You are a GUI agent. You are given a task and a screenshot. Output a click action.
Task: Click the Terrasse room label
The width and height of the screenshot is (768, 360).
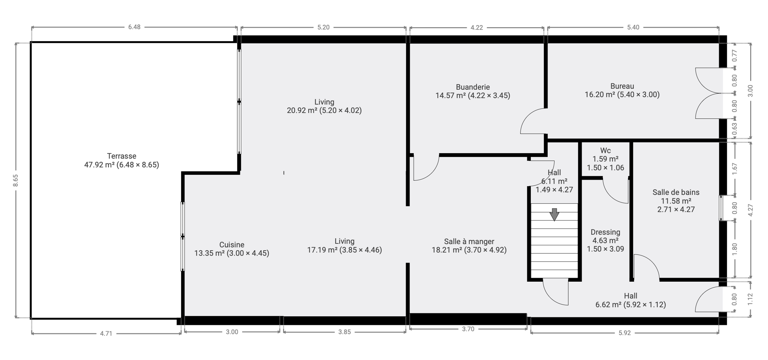(x=122, y=156)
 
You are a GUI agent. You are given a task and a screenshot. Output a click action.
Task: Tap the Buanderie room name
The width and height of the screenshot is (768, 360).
(x=473, y=87)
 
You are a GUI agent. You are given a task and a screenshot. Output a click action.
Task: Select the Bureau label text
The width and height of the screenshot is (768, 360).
(x=622, y=86)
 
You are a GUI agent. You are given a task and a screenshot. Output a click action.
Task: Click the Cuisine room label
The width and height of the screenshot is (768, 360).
(x=232, y=244)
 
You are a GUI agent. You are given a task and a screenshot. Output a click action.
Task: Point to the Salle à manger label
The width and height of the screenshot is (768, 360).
(x=469, y=241)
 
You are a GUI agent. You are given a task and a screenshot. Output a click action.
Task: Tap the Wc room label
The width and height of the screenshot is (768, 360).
(x=605, y=150)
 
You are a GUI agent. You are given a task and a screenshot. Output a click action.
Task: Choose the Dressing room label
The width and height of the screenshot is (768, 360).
(x=605, y=232)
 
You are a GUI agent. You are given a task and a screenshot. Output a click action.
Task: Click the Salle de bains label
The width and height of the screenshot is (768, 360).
(x=676, y=192)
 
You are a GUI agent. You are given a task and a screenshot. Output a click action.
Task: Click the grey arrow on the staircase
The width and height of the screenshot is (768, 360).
(x=554, y=214)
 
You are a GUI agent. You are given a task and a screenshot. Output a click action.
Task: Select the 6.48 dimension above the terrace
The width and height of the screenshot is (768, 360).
(x=134, y=27)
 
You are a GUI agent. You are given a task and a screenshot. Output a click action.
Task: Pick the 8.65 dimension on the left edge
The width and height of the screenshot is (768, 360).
(x=16, y=181)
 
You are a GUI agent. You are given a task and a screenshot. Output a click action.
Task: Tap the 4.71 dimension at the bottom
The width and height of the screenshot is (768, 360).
(x=106, y=333)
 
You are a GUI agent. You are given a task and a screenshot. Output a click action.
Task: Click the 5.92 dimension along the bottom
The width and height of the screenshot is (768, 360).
(x=625, y=333)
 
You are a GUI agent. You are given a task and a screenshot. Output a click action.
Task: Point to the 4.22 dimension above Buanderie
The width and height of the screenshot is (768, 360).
(x=477, y=28)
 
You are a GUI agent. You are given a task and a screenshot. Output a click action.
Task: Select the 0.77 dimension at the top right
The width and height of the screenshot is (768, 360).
(x=734, y=55)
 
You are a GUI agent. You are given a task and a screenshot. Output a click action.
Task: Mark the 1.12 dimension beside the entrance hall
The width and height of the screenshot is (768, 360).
(x=750, y=299)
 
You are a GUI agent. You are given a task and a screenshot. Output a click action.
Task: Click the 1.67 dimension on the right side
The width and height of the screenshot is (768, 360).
(x=734, y=169)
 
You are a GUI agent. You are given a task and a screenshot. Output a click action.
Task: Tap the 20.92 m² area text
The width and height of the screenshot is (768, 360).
(x=302, y=110)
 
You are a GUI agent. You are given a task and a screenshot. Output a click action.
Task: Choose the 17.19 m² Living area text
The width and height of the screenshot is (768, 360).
(x=322, y=250)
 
